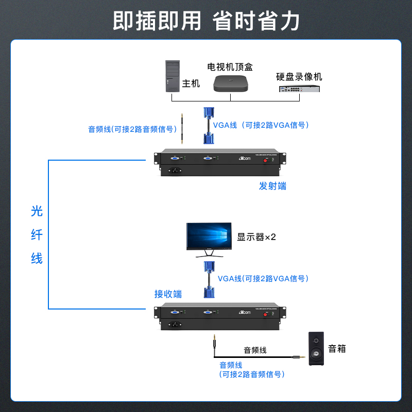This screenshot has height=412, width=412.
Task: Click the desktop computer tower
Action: [x=173, y=76]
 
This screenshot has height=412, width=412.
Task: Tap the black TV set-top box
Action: [x=230, y=84]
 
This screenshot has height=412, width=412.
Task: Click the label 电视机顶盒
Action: [x=230, y=67]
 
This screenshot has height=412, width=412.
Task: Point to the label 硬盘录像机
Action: [x=299, y=77]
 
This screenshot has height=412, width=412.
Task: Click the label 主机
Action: [x=191, y=83]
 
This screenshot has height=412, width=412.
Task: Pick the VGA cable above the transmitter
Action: [x=209, y=125]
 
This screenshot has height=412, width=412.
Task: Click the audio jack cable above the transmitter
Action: [x=182, y=129]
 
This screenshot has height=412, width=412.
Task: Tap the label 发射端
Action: [x=272, y=186]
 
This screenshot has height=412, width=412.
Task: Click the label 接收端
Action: [x=168, y=294]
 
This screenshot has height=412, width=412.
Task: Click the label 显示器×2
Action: [x=256, y=237]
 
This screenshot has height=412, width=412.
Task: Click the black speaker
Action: [x=317, y=349]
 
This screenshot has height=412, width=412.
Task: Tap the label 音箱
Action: [x=337, y=349]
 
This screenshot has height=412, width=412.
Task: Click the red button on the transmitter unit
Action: [x=266, y=160]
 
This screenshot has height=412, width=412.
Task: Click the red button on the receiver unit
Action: [x=266, y=314]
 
